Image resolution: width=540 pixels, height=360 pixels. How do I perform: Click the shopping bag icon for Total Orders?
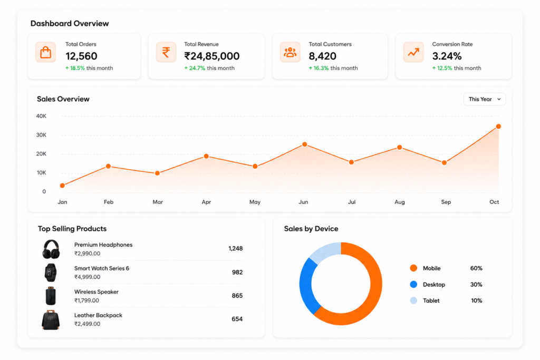[x=45, y=52]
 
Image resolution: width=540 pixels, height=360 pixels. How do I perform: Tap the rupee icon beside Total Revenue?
[x=166, y=52]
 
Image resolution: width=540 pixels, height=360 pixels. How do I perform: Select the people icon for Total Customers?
[x=290, y=52]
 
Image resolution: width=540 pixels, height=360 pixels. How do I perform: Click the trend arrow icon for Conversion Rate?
[x=413, y=52]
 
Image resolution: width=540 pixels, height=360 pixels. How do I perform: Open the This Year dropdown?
[x=485, y=99]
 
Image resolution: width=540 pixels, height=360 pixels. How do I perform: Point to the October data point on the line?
[x=498, y=127]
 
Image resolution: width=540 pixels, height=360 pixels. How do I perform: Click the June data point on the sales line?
[x=304, y=144]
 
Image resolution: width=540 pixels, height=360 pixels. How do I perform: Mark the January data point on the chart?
[x=62, y=186]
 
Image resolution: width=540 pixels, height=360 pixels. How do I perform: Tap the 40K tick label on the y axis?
[x=41, y=116]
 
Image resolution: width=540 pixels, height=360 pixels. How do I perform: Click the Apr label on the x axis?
[x=206, y=202]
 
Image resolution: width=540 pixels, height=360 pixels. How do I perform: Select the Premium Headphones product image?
[x=51, y=249]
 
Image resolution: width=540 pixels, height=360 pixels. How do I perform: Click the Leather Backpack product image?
[x=51, y=320]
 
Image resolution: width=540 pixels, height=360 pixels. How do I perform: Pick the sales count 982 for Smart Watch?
[x=237, y=272]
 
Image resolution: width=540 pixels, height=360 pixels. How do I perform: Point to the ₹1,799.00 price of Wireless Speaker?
[x=87, y=300]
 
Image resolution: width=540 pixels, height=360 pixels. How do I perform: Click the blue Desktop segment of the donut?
[x=307, y=286]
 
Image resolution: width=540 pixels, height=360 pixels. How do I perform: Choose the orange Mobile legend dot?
[x=413, y=268]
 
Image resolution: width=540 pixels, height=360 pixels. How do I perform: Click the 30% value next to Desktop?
[x=476, y=285]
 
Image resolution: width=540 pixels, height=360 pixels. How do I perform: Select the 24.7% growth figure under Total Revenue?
[x=197, y=68]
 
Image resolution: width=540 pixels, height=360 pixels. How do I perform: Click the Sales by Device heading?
[x=311, y=229]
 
